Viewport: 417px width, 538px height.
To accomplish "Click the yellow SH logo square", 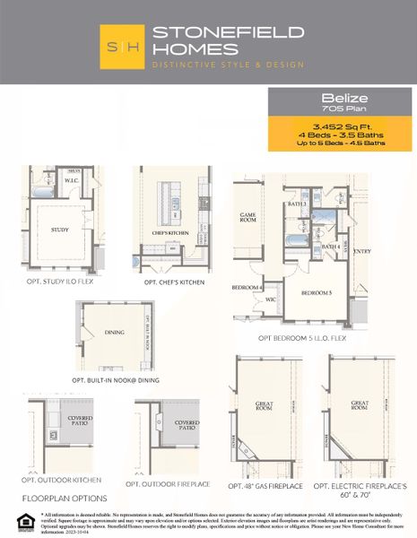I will (125, 47).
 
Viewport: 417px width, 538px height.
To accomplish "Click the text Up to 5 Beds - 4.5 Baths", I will (341, 142).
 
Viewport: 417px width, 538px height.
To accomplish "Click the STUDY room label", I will (60, 230).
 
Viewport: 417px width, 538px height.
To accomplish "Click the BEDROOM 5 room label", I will (316, 293).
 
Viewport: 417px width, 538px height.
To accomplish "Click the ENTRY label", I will (362, 251).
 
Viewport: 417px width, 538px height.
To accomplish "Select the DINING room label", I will (114, 332).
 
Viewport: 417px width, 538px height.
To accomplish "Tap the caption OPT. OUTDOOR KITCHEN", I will (65, 484).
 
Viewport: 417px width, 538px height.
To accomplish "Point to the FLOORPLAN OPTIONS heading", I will (65, 498).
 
